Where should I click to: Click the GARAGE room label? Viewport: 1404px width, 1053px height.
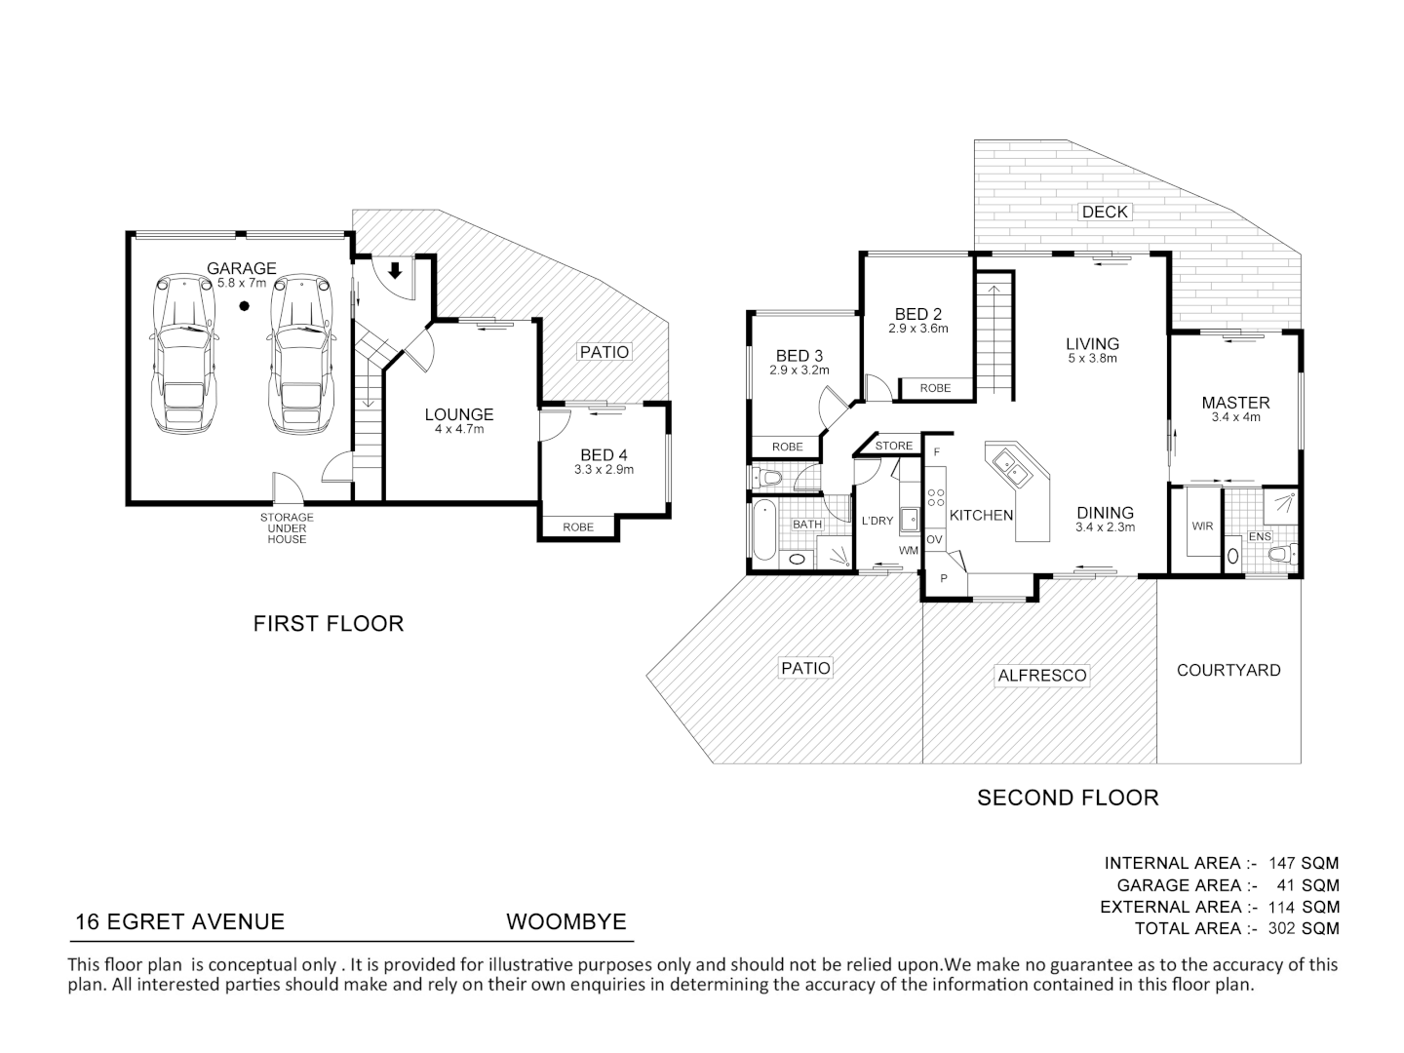241,268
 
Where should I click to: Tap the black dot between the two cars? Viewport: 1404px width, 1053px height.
244,306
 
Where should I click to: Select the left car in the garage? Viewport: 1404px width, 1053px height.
183,354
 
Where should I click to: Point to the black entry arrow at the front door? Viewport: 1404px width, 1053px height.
395,270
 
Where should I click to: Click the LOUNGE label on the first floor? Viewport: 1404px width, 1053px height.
458,414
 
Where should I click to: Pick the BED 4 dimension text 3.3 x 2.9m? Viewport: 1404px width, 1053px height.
604,469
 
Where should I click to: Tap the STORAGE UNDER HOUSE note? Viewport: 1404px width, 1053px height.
287,528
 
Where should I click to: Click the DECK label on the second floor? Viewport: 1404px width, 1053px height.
1105,212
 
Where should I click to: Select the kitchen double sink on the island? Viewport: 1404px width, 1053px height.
1011,467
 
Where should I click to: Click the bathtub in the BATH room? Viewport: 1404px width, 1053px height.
765,530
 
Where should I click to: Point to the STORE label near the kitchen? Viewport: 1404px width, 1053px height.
893,446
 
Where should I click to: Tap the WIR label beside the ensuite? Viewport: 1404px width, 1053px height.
1202,526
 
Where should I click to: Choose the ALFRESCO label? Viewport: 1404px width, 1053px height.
1042,675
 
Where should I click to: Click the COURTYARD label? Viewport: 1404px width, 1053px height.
1228,670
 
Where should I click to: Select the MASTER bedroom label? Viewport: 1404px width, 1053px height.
1235,403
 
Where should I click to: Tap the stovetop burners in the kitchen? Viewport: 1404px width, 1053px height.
936,497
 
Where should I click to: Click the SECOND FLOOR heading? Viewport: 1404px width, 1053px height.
1068,798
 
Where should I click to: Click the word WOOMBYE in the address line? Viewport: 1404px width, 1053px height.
566,921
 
